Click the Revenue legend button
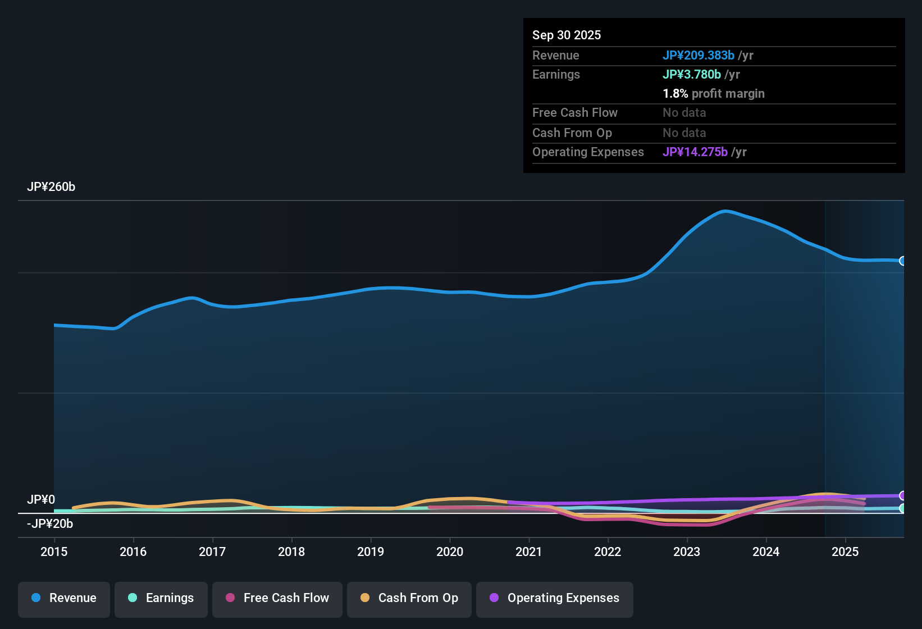[64, 598]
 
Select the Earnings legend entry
[161, 598]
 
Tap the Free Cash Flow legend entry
[277, 598]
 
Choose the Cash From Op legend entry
[409, 598]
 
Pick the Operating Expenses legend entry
[555, 598]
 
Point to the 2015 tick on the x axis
[54, 551]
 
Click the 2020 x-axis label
[450, 551]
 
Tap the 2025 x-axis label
[845, 551]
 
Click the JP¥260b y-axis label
[51, 187]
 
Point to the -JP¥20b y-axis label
[50, 524]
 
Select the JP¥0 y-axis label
[41, 500]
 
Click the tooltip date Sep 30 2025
[567, 35]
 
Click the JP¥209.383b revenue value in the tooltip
[698, 56]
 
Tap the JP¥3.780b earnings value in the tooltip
[691, 75]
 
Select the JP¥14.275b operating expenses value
[695, 152]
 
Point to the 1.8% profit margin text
[713, 94]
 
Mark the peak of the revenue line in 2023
[725, 211]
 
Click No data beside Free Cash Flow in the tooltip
[684, 113]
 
